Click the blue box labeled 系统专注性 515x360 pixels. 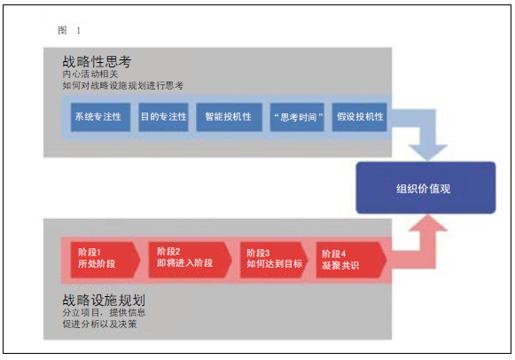(x=100, y=117)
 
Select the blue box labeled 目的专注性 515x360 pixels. (x=164, y=117)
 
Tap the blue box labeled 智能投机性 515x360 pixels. (x=230, y=117)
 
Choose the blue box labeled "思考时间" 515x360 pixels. (x=297, y=117)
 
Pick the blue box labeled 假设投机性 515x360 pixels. (x=359, y=117)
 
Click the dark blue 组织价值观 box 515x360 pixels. (x=425, y=188)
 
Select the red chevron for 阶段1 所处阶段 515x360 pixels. (x=105, y=260)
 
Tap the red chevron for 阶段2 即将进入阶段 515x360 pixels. (x=191, y=260)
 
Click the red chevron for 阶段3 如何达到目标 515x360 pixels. (x=274, y=260)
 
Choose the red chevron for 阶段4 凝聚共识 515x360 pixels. (x=351, y=260)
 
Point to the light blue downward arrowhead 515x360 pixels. (x=427, y=153)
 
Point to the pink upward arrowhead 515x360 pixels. (x=427, y=223)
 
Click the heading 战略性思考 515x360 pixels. (x=97, y=61)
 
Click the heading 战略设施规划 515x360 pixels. (x=104, y=300)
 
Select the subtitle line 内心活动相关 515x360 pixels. (x=90, y=74)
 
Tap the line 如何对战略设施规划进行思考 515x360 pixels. (x=123, y=85)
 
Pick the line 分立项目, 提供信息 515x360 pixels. (x=104, y=312)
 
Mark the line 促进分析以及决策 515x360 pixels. (x=99, y=324)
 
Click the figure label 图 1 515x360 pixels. (x=69, y=30)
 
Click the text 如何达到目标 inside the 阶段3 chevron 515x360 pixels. (x=275, y=263)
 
